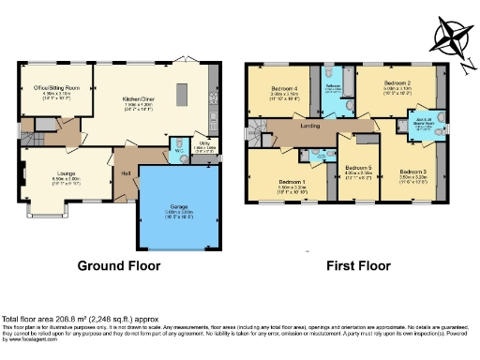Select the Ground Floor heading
click(119, 265)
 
